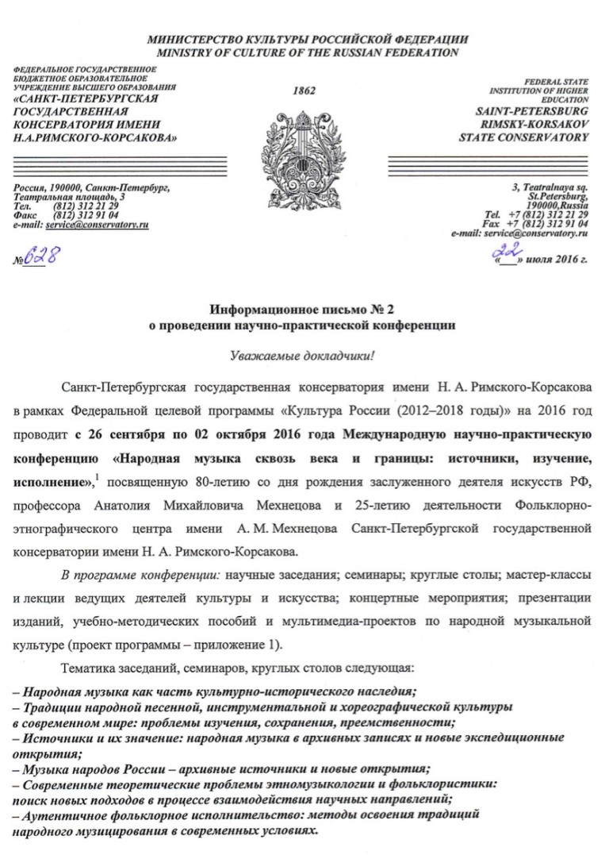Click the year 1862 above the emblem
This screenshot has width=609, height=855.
pos(304,91)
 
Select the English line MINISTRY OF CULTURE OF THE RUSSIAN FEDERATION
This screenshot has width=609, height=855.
pos(308,52)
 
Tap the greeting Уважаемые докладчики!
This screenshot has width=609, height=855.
pos(304,356)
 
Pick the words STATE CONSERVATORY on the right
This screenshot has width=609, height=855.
pos(524,137)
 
